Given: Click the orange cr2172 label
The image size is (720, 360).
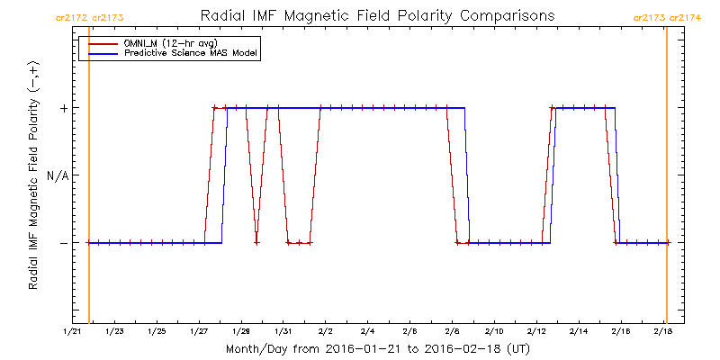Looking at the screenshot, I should pyautogui.click(x=71, y=16).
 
